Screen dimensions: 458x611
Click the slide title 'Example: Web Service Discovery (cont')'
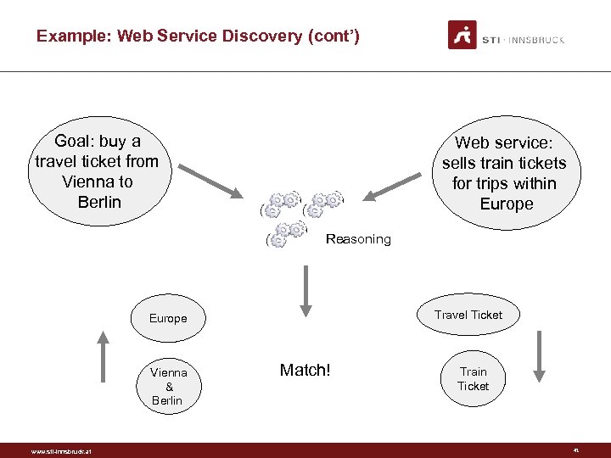pyautogui.click(x=198, y=36)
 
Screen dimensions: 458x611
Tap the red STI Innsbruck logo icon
pyautogui.click(x=462, y=35)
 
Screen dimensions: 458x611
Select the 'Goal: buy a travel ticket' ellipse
pyautogui.click(x=97, y=171)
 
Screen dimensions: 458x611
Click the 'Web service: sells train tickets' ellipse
pyautogui.click(x=505, y=173)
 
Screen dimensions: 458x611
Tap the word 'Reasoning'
pyautogui.click(x=358, y=239)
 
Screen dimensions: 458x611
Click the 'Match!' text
pyautogui.click(x=305, y=370)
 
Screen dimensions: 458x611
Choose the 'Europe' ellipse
pyautogui.click(x=168, y=319)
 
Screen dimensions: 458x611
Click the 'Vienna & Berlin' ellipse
pyautogui.click(x=168, y=386)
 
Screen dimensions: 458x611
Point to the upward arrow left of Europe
pyautogui.click(x=104, y=356)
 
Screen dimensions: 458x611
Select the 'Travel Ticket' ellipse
pyautogui.click(x=468, y=315)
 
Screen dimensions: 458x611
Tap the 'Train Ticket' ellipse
pyautogui.click(x=473, y=378)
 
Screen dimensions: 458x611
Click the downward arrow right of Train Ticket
pyautogui.click(x=539, y=356)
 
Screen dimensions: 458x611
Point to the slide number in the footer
pyautogui.click(x=575, y=450)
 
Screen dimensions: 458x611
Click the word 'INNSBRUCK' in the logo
pyautogui.click(x=537, y=40)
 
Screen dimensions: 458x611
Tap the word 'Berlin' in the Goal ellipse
pyautogui.click(x=98, y=202)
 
